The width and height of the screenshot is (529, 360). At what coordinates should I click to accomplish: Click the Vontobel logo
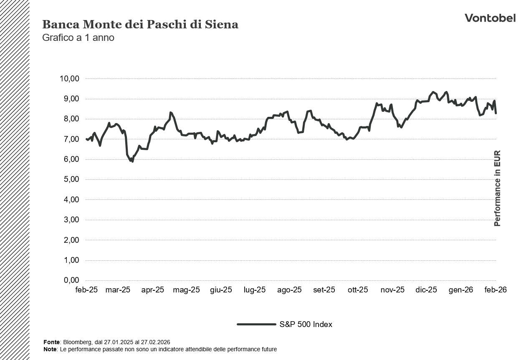[490, 18]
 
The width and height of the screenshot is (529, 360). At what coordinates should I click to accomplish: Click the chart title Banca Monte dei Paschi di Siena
[140, 25]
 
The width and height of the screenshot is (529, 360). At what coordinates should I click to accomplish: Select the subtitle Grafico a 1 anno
[78, 38]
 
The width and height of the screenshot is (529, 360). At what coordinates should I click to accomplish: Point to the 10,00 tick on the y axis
[70, 78]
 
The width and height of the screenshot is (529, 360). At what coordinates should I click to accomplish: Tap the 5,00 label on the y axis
[70, 179]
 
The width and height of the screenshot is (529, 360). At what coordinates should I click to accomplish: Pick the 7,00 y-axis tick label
[70, 139]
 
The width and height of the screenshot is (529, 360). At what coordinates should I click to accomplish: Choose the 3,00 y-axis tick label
[70, 220]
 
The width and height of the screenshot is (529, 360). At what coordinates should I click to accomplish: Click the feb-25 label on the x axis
[86, 290]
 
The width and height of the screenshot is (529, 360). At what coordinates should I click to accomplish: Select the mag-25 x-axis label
[187, 290]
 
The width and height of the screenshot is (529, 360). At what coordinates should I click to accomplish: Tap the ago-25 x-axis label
[289, 290]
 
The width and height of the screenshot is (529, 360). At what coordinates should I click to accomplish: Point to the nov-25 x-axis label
[392, 290]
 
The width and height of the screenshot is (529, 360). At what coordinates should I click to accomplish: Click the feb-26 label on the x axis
[495, 290]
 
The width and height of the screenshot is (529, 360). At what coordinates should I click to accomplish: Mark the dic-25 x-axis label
[426, 290]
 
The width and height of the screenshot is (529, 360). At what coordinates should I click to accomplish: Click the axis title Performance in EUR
[497, 189]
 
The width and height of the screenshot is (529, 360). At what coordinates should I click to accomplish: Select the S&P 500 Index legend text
[306, 325]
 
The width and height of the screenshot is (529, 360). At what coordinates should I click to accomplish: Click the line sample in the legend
[256, 325]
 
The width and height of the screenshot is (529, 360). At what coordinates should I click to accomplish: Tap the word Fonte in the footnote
[51, 342]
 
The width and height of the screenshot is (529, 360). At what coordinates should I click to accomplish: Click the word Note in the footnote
[50, 349]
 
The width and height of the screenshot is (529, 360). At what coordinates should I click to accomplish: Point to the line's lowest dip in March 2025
[132, 161]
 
